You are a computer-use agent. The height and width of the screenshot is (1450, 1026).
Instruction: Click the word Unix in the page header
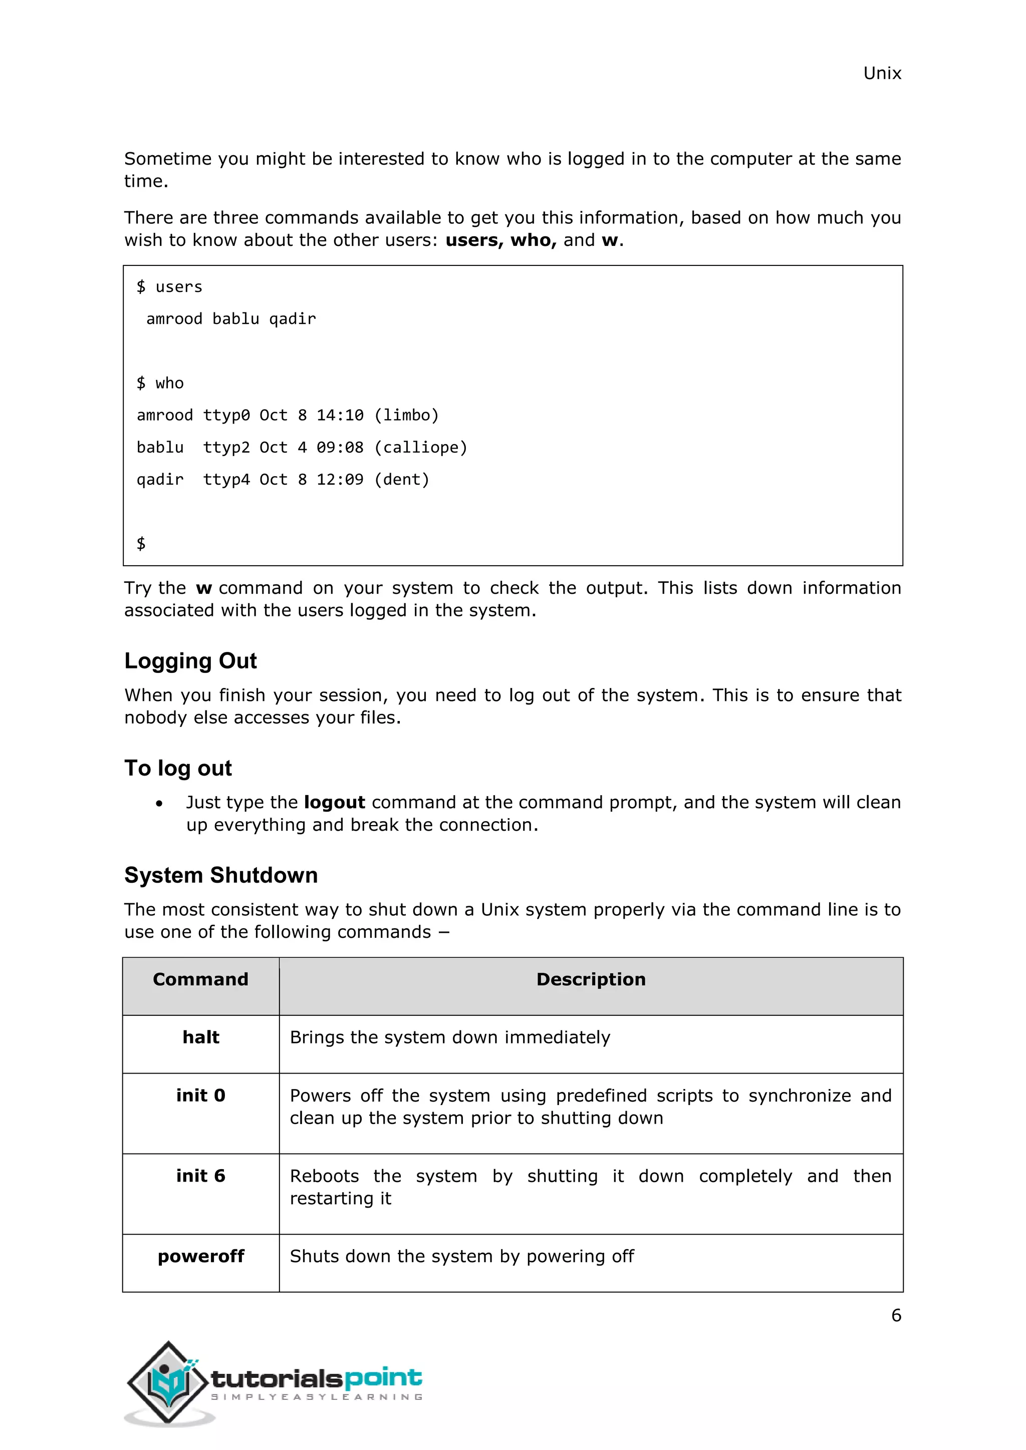881,73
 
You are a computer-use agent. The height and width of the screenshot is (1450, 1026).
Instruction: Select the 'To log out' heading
178,768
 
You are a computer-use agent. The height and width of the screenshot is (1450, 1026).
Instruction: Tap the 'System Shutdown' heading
220,875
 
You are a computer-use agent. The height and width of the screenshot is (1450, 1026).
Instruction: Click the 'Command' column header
200,979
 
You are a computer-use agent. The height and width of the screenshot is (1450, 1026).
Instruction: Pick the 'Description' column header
591,979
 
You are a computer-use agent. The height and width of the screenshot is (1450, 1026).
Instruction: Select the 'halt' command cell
200,1037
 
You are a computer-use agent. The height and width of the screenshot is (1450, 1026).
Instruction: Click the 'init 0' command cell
200,1096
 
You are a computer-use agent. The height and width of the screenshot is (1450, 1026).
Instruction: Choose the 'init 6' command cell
200,1176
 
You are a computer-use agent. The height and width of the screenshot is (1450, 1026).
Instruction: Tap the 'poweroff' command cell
200,1257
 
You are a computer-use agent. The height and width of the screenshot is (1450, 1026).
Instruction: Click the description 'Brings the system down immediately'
450,1037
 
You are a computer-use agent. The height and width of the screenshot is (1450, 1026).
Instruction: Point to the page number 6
896,1315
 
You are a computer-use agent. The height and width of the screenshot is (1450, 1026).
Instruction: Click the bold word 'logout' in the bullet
334,803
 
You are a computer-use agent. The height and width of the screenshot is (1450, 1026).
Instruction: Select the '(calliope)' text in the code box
421,448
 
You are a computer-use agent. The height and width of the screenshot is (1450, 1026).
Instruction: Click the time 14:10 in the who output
340,416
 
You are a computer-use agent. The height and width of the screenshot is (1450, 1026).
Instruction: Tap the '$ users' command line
169,287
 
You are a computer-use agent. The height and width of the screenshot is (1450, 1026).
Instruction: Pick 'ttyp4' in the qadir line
226,480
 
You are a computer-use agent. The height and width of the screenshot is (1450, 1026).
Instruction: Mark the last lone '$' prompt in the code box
141,544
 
